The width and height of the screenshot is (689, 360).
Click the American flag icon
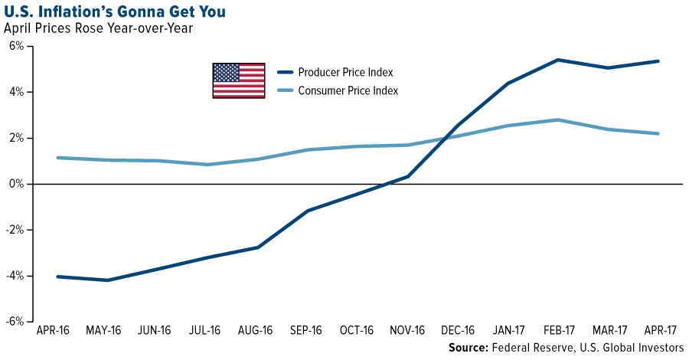click(x=238, y=80)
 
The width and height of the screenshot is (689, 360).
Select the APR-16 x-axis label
click(x=54, y=331)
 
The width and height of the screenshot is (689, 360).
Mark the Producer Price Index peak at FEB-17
click(x=558, y=60)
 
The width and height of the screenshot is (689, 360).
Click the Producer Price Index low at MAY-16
click(x=107, y=280)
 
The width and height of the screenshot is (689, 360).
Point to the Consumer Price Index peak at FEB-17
click(x=558, y=119)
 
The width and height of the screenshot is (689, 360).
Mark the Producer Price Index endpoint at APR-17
click(x=658, y=61)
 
